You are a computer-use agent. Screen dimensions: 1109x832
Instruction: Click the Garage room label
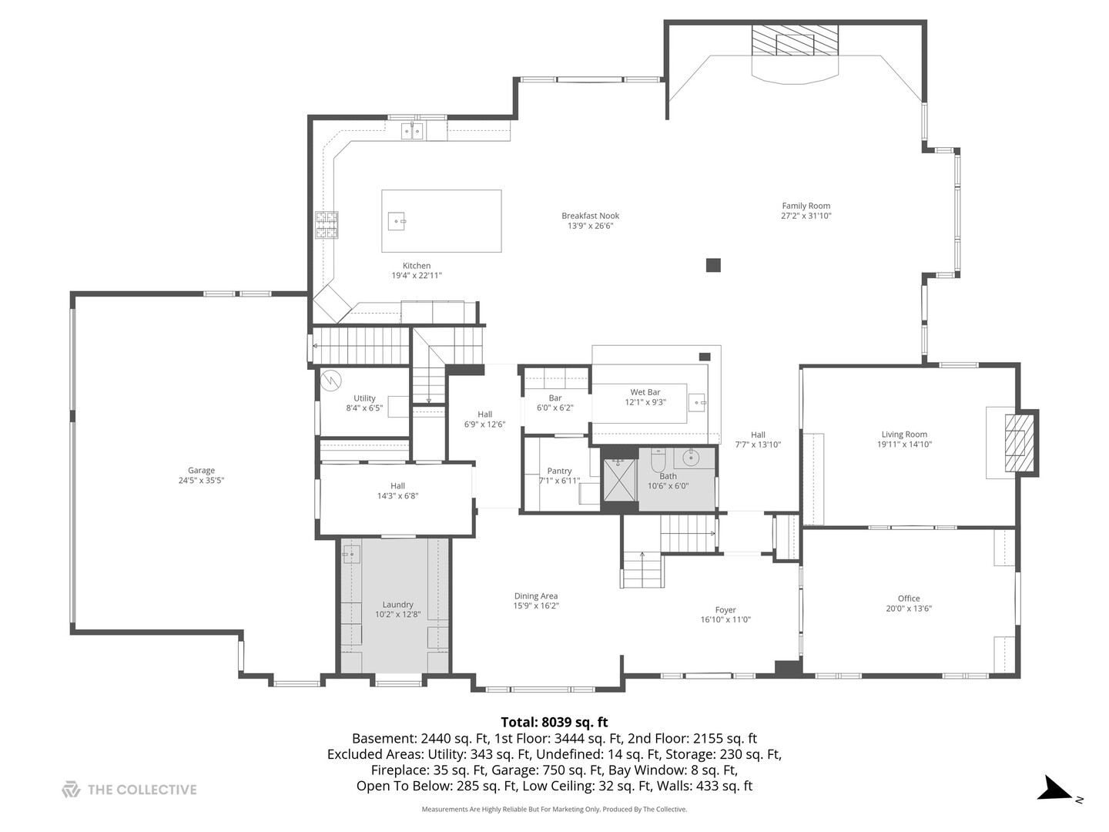[201, 470]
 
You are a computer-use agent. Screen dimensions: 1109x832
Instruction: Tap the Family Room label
[806, 206]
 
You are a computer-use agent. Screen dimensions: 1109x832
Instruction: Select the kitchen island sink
[397, 221]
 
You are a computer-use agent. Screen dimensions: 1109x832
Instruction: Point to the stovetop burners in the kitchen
[327, 225]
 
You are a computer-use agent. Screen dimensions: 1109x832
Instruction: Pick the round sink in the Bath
[691, 458]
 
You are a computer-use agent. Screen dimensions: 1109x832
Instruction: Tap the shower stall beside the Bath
[620, 479]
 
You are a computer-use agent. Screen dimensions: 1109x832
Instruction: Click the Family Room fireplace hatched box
[795, 40]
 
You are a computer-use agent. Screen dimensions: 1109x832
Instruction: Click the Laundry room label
[397, 604]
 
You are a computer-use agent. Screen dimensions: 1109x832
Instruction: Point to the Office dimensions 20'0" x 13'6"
[909, 609]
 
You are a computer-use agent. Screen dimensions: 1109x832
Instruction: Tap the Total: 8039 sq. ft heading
[554, 721]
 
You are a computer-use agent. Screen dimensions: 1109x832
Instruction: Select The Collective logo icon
[72, 789]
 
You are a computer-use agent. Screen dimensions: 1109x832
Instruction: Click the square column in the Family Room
[713, 265]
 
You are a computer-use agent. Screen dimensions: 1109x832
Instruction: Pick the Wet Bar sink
[698, 403]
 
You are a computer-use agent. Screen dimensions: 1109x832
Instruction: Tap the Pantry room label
[559, 470]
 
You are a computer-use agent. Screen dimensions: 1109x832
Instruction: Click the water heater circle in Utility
[331, 380]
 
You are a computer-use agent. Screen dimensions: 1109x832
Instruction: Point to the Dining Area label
[536, 595]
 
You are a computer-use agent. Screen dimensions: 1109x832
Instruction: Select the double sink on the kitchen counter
[412, 131]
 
